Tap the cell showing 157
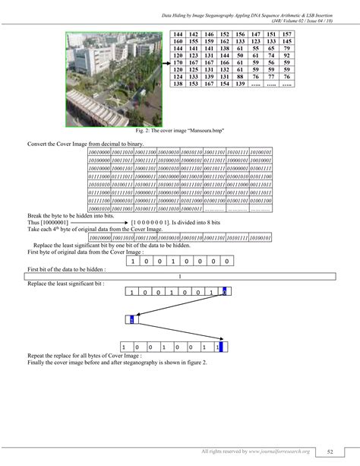coord(286,35)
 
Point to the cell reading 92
coord(286,55)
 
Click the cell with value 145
coord(286,42)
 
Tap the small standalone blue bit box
coord(131,320)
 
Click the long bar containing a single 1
coord(179,276)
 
